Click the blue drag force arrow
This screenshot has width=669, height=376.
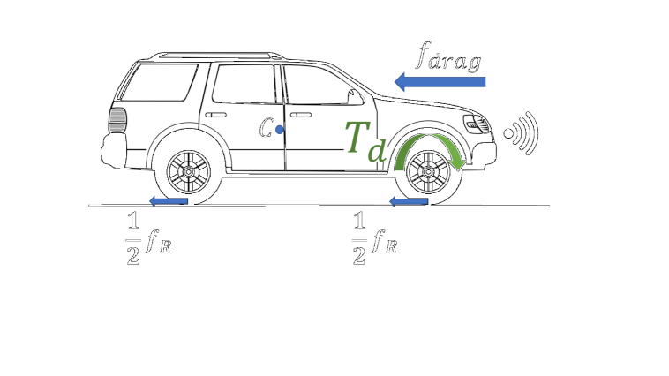tap(440, 82)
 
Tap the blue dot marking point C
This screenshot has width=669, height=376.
tap(279, 130)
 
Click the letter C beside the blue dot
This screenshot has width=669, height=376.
tap(266, 130)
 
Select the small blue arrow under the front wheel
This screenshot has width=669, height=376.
tap(408, 202)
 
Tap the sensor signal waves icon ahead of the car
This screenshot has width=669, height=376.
tap(521, 133)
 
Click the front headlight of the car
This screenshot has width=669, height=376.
tap(477, 124)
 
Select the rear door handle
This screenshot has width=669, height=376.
tap(214, 115)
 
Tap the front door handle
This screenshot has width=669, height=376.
tap(300, 115)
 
